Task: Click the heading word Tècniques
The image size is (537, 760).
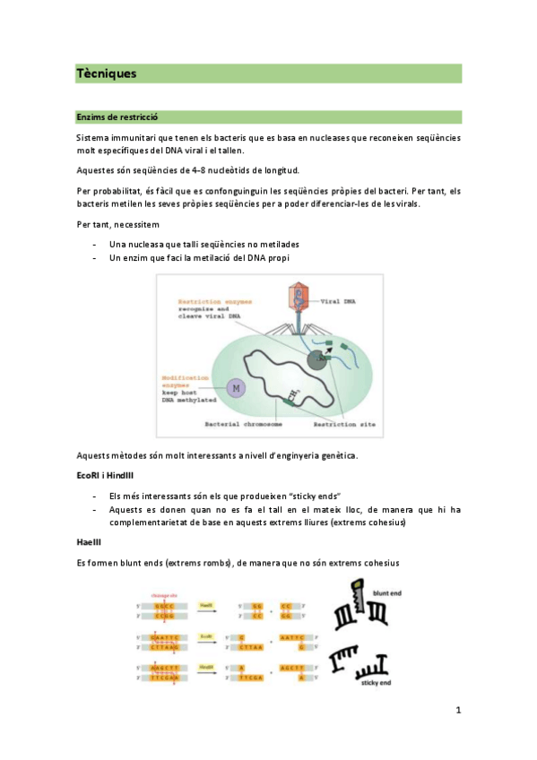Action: [x=107, y=74]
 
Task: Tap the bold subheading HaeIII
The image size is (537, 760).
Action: [x=91, y=542]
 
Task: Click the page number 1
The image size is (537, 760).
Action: [x=458, y=711]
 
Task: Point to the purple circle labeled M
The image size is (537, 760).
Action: [x=236, y=387]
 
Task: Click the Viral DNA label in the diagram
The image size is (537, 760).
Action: [x=337, y=302]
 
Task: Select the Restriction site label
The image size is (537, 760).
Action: [x=333, y=425]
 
